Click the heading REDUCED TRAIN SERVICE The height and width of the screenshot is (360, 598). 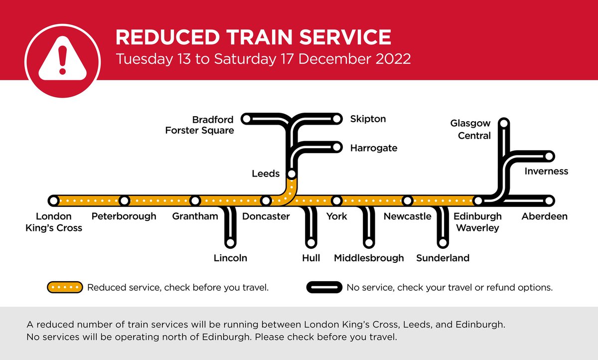253,38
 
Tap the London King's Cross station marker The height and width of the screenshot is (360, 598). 53,200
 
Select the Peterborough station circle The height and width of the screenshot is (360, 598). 124,200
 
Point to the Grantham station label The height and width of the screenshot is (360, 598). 195,216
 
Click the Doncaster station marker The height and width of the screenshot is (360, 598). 266,200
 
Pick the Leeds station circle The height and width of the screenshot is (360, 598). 292,174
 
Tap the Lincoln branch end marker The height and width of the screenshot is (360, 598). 230,243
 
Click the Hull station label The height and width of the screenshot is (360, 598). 311,258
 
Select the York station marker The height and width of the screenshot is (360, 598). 337,200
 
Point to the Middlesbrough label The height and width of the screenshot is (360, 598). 369,258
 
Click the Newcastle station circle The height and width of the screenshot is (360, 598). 408,200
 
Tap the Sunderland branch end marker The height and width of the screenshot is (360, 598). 443,243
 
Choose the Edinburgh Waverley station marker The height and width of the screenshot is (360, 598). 478,200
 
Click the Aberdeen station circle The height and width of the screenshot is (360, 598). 549,200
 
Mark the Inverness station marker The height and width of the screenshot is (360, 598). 549,157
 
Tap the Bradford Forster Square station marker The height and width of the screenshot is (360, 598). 245,119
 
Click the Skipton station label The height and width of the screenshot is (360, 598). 368,119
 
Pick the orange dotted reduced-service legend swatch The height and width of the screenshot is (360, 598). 65,288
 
